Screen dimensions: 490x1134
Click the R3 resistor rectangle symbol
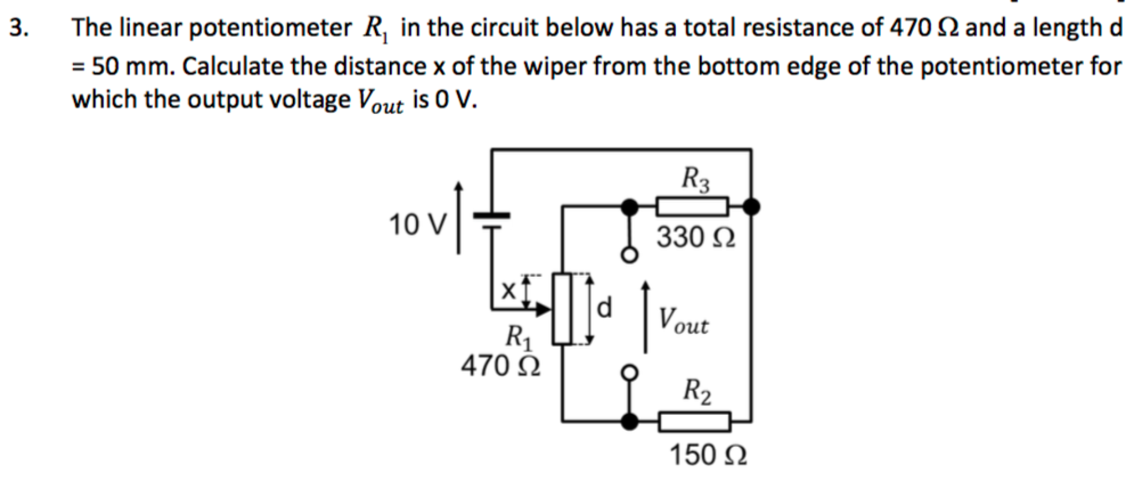point(692,207)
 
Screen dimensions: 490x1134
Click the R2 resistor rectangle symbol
point(694,422)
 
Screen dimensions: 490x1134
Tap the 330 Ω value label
point(696,238)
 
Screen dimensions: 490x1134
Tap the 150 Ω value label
point(708,456)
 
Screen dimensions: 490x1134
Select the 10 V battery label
point(417,225)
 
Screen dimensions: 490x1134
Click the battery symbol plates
point(491,220)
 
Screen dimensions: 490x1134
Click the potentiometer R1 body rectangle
point(562,309)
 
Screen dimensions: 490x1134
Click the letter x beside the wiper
point(508,290)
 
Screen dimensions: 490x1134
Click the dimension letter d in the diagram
point(605,308)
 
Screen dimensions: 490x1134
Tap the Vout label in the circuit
point(683,321)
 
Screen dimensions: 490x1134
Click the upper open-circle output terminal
point(629,256)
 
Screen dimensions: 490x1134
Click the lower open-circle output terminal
point(629,372)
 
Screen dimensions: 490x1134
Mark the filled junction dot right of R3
point(751,207)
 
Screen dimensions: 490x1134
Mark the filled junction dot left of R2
point(629,422)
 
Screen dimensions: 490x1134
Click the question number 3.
point(19,28)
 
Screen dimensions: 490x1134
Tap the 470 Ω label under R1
point(500,366)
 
